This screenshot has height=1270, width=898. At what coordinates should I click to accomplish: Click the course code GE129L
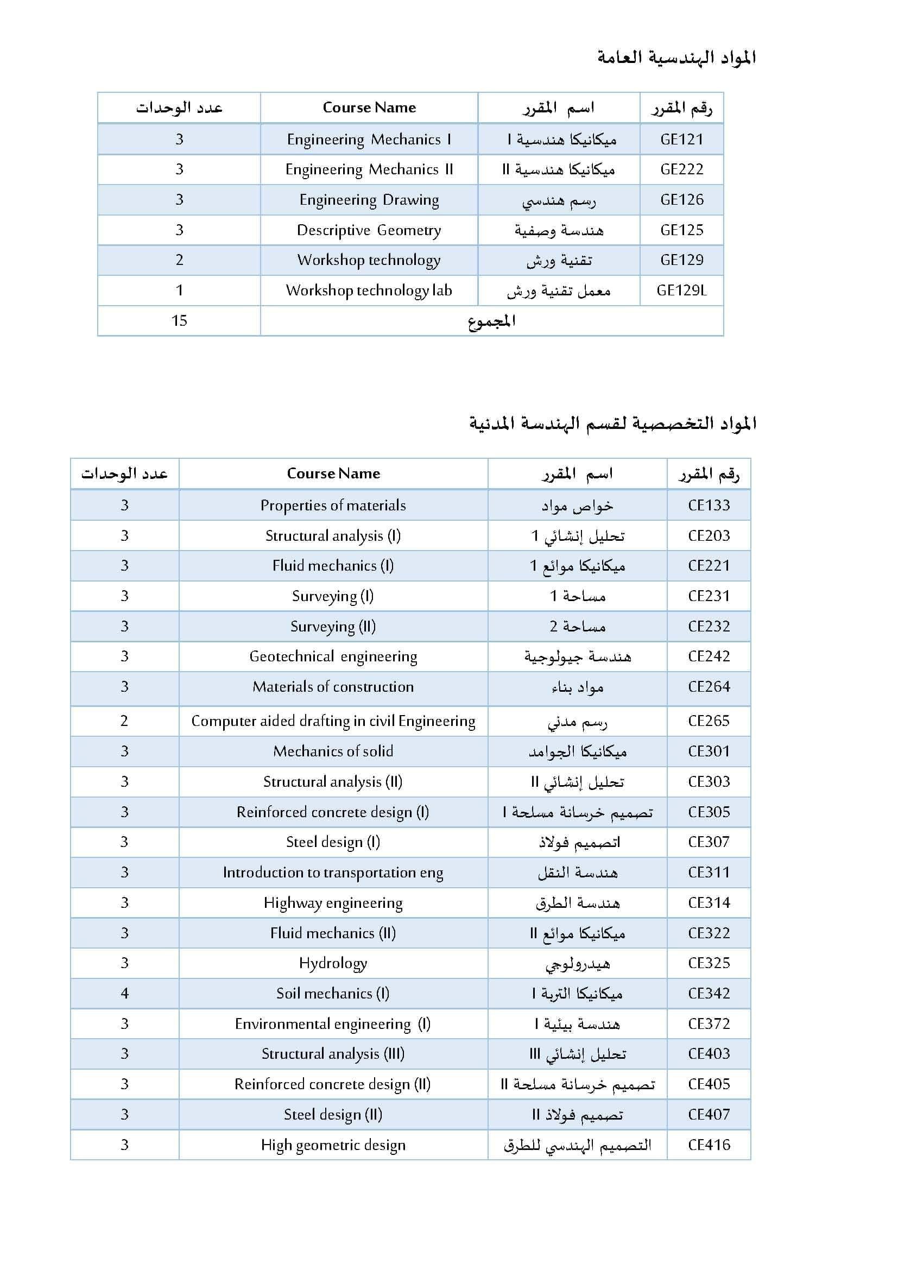(x=681, y=290)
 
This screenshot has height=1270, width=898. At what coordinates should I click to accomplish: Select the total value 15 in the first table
(x=179, y=320)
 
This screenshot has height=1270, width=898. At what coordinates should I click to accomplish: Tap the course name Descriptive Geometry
(x=369, y=230)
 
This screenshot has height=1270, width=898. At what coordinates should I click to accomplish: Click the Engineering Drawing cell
(x=369, y=200)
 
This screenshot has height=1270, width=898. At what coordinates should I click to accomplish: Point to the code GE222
(x=681, y=169)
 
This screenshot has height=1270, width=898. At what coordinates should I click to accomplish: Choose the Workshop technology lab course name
(x=369, y=290)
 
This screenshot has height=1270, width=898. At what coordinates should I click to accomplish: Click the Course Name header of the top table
(x=369, y=108)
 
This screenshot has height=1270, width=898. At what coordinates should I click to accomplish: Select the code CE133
(x=709, y=505)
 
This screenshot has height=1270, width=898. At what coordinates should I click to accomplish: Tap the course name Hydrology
(x=333, y=963)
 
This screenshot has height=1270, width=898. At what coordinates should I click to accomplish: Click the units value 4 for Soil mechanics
(x=124, y=994)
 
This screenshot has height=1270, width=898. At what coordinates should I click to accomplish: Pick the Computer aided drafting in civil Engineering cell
(x=333, y=721)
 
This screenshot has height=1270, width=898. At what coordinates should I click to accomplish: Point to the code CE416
(x=709, y=1145)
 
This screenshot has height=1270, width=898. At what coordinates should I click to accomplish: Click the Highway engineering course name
(x=333, y=903)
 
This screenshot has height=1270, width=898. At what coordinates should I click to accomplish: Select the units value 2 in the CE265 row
(x=124, y=721)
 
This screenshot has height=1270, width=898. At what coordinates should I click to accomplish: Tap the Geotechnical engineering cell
(x=333, y=656)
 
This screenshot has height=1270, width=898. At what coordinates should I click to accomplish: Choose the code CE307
(x=709, y=842)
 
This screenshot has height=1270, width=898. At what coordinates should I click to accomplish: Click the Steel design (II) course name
(x=333, y=1114)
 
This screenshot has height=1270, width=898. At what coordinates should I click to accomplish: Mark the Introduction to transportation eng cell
(x=333, y=873)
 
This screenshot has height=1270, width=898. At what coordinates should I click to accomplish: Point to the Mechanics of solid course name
(x=333, y=751)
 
